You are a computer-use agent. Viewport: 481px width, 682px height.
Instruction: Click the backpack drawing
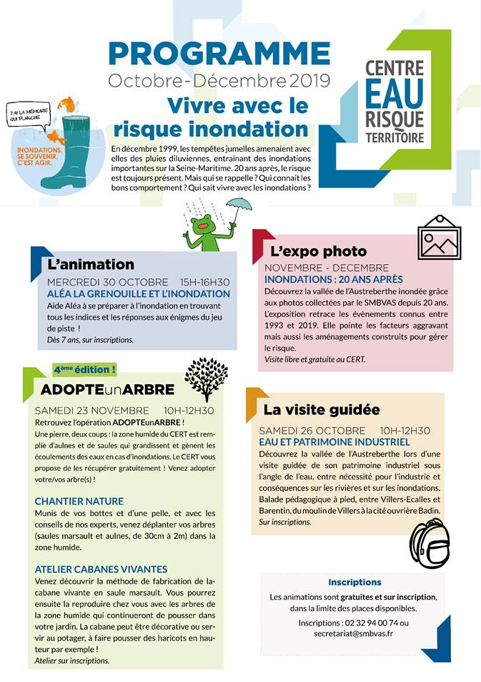430,546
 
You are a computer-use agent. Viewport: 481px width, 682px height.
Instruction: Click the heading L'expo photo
318,250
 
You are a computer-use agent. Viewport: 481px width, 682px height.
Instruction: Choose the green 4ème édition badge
84,369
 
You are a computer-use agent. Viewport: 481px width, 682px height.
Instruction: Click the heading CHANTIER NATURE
79,501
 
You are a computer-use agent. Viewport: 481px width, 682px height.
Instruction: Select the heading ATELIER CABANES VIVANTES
101,569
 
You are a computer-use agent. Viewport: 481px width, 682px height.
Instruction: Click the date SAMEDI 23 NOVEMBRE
92,411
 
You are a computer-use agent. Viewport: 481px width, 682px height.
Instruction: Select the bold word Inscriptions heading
354,582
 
